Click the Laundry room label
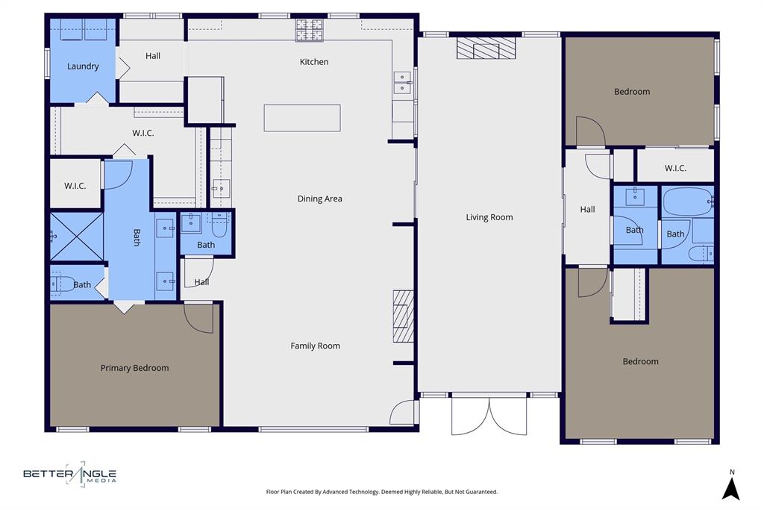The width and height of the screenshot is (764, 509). [83, 66]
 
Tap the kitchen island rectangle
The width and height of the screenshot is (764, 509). [302, 118]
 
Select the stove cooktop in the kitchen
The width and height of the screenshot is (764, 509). [309, 31]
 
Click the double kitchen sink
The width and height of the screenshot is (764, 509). [402, 83]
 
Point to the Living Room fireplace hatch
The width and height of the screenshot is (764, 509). [486, 49]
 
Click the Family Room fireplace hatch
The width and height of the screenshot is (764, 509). [404, 316]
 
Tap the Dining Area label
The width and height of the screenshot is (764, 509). [319, 199]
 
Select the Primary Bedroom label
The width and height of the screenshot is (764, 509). [134, 368]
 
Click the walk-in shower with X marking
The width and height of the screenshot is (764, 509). [76, 237]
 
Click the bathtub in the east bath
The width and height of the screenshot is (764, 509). [688, 202]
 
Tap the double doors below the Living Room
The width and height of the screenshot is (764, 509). [489, 415]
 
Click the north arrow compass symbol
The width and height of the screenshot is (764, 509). [732, 487]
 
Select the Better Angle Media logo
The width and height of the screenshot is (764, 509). [69, 474]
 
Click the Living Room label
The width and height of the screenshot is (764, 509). [489, 217]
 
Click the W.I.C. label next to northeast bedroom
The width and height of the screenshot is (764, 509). [675, 169]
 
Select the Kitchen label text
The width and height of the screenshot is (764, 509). [313, 62]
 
